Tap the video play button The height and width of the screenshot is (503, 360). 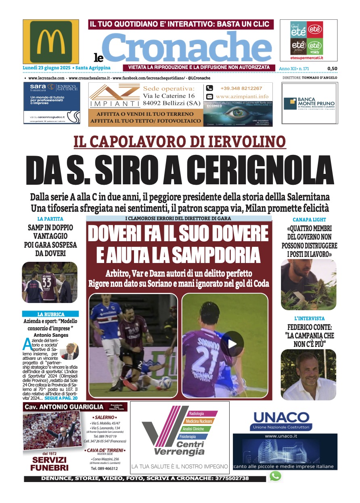[232, 344]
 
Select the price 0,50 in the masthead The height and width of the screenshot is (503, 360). [332, 69]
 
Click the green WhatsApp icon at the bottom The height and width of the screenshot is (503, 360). [275, 476]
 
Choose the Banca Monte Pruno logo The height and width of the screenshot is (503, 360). [309, 103]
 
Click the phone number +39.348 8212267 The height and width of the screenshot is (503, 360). [241, 88]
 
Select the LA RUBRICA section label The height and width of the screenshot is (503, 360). [50, 314]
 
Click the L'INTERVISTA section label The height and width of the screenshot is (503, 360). [309, 319]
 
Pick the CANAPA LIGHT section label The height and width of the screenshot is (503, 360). [309, 219]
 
